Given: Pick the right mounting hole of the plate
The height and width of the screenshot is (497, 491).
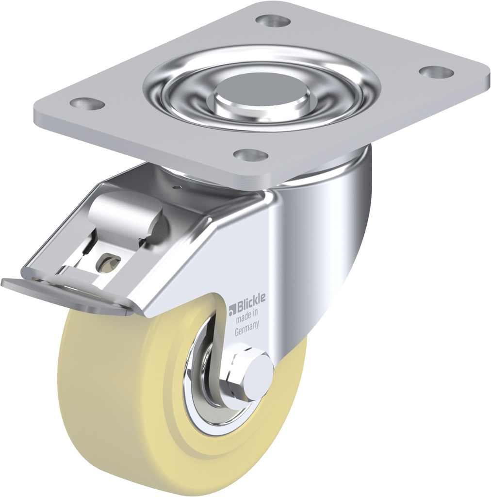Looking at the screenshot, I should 436,71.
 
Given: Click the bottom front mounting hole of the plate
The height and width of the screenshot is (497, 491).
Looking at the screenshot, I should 250,154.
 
